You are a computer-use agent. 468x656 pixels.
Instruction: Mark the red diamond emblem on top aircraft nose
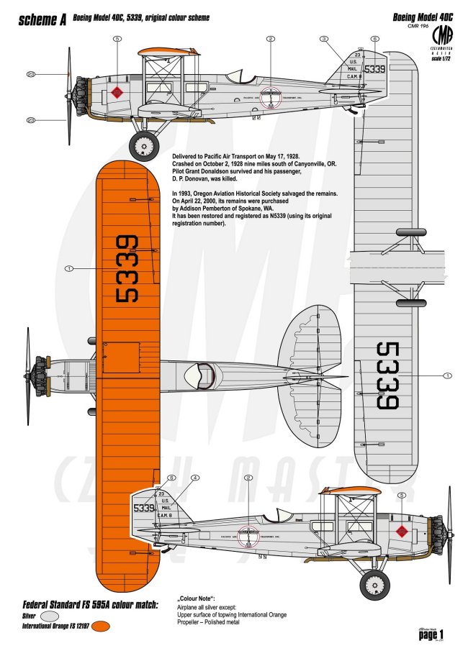tap(116, 91)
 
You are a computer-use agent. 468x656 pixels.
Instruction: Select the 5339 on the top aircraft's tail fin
tap(374, 70)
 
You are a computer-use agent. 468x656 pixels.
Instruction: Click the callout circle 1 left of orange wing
tap(69, 268)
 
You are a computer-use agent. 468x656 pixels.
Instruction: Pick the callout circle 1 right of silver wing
tap(447, 375)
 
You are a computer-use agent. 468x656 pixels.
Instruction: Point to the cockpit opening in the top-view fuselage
tap(197, 374)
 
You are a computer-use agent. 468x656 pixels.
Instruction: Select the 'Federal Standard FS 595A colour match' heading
tap(91, 603)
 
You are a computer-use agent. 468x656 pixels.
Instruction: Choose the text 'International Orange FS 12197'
tap(57, 627)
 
